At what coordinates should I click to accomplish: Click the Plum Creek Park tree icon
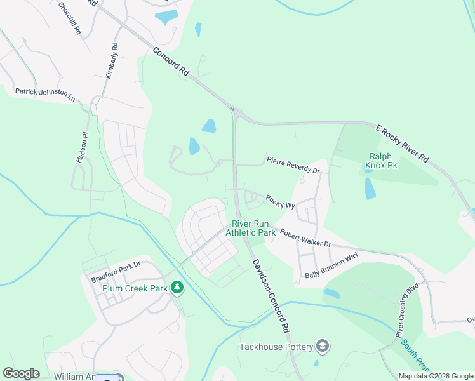click(177, 288)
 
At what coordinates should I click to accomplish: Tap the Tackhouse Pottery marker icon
click(323, 346)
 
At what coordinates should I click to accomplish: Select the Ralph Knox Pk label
click(380, 161)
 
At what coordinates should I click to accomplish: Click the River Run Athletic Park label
click(253, 228)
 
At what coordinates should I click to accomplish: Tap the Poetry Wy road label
click(281, 201)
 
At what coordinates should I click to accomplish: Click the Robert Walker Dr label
click(305, 239)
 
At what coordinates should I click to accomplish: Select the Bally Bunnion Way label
click(331, 265)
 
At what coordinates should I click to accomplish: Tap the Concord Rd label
click(170, 62)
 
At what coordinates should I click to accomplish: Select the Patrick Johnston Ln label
click(44, 95)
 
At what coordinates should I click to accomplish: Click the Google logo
click(21, 373)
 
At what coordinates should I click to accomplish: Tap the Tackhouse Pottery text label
click(276, 347)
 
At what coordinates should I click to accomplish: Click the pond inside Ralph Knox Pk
click(370, 189)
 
